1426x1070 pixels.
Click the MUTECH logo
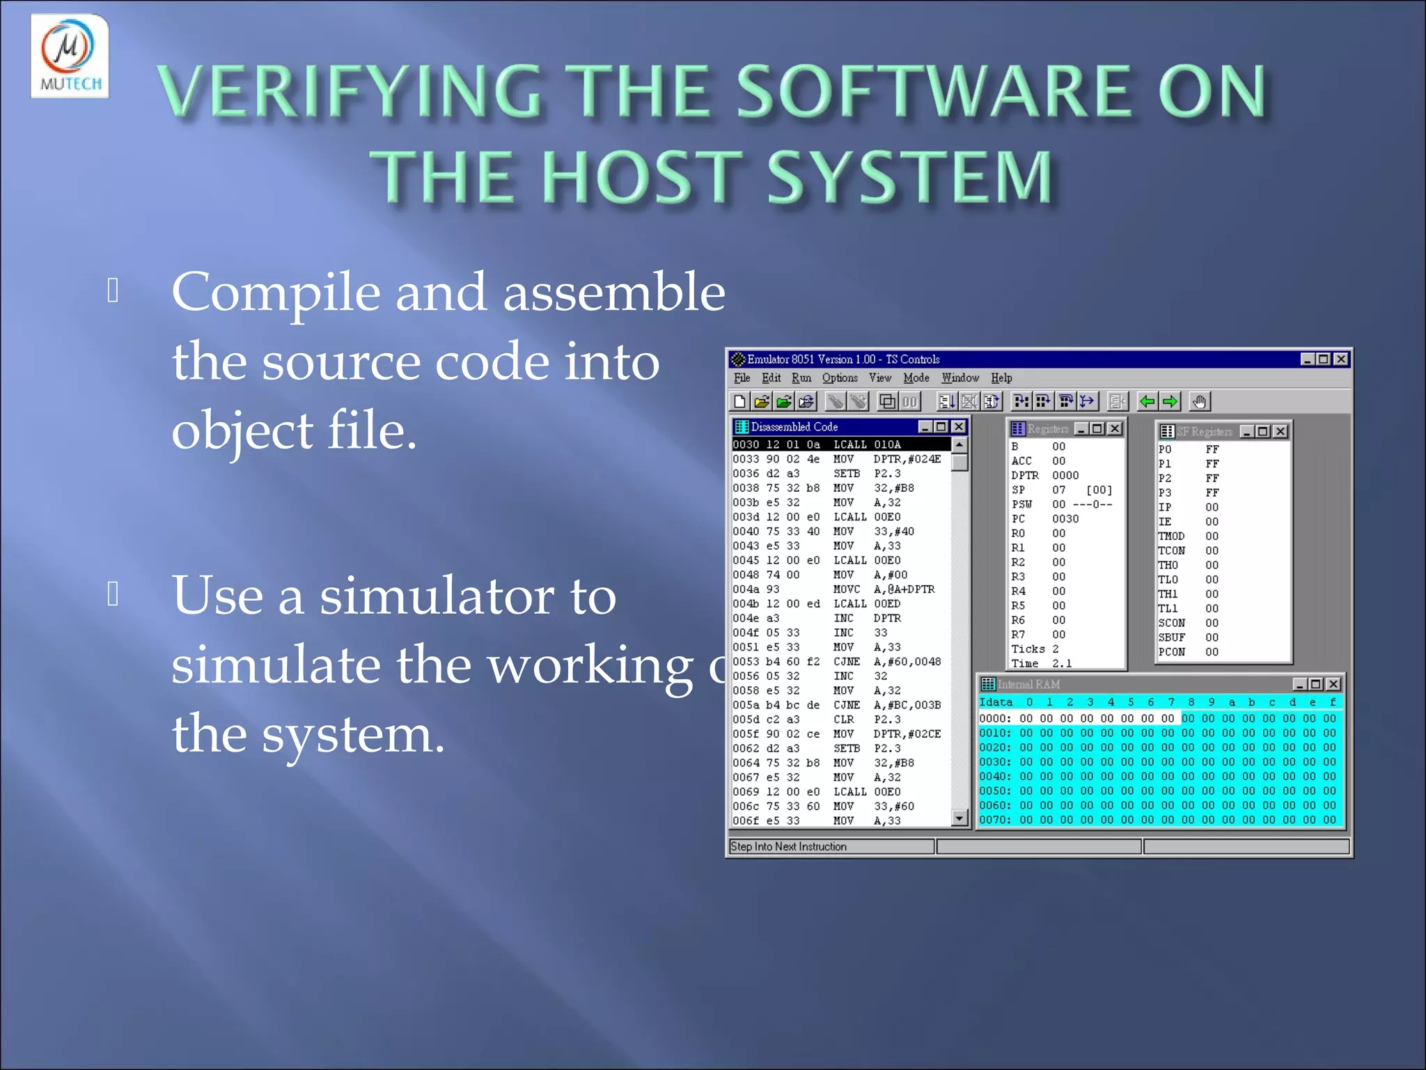[70, 56]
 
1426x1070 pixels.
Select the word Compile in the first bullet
[276, 293]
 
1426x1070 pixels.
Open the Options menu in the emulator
[839, 378]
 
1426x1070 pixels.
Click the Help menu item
[1001, 378]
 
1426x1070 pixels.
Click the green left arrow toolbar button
[1147, 401]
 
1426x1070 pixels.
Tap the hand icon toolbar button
[1199, 401]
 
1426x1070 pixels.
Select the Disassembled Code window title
[794, 426]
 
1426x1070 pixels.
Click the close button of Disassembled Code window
[959, 426]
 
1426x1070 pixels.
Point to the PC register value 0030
[1065, 518]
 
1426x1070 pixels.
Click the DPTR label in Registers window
[1024, 475]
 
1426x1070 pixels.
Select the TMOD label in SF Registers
[1170, 536]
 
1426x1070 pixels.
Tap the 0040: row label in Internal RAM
[994, 776]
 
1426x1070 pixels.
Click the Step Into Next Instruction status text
[788, 846]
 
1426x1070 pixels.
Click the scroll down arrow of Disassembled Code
[959, 818]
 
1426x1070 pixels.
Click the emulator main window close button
[1340, 359]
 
